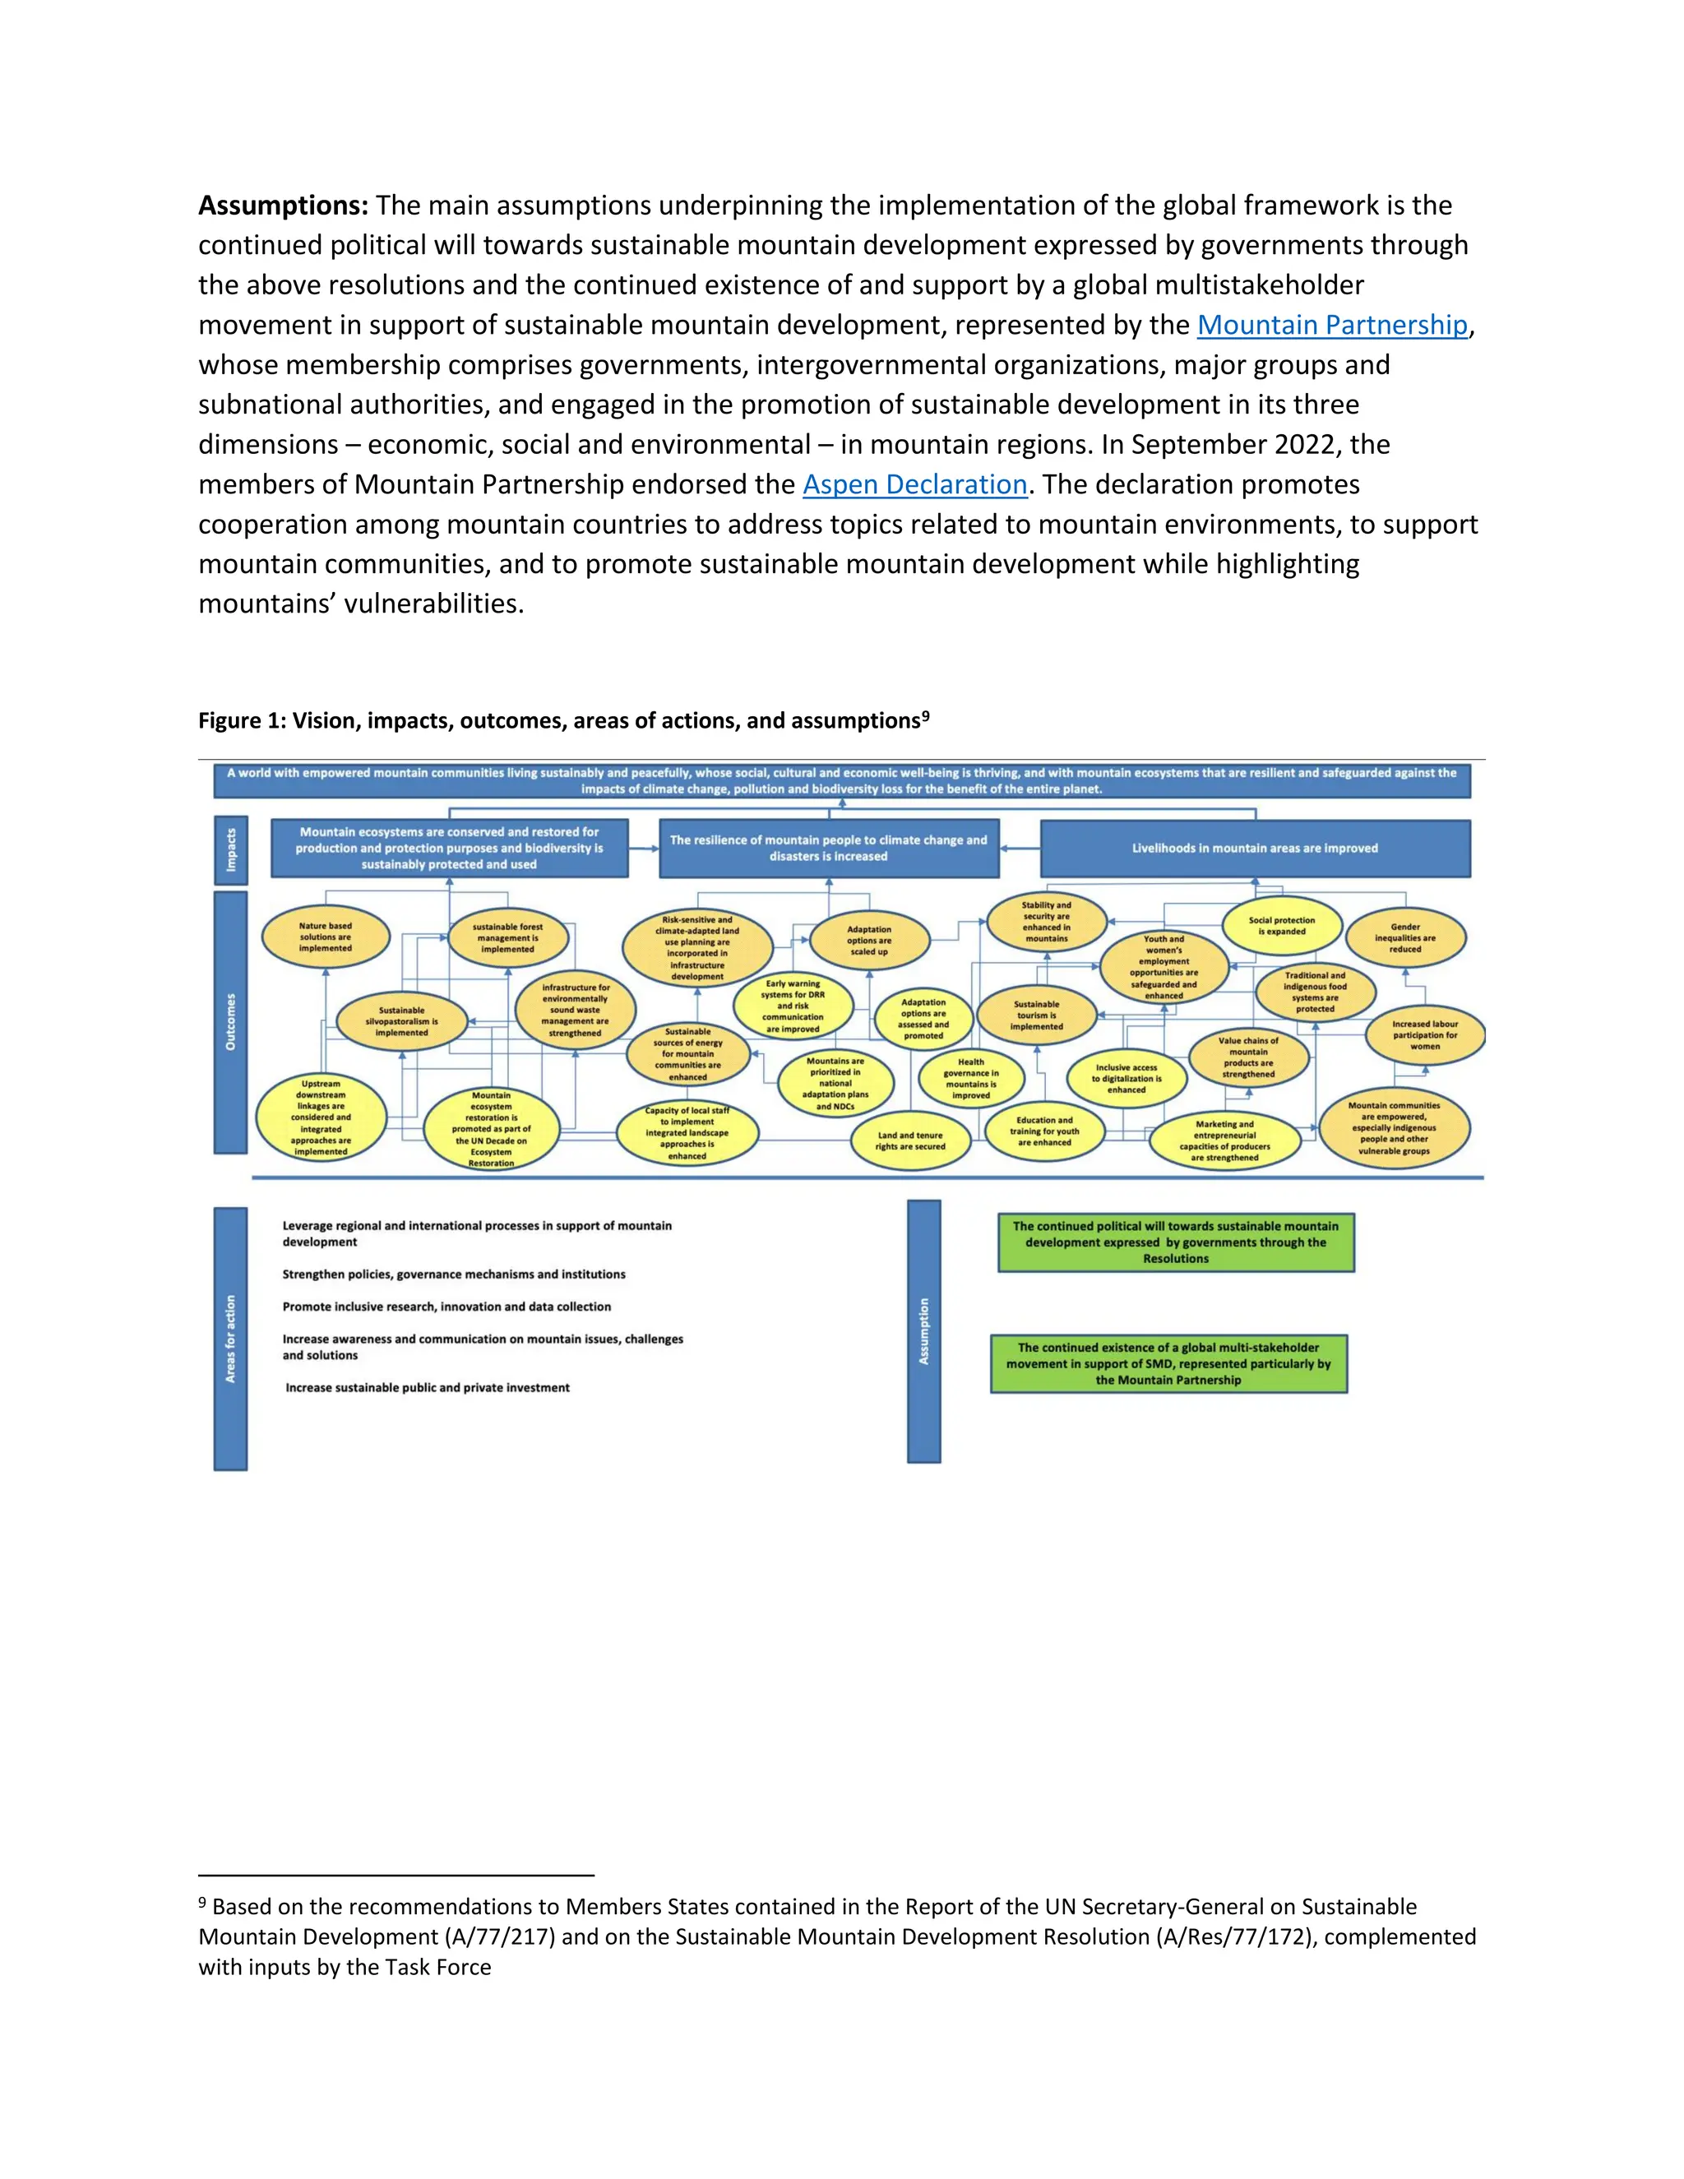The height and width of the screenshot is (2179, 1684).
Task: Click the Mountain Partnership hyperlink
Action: [x=1331, y=326]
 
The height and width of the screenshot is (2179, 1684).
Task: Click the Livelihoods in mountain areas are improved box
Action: [x=1254, y=848]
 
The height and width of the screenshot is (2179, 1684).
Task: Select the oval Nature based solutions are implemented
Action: [x=326, y=937]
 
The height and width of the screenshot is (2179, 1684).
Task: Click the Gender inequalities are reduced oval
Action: [x=1404, y=938]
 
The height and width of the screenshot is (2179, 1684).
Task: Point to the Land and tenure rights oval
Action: [x=910, y=1140]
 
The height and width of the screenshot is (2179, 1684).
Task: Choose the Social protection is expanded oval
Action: [x=1281, y=926]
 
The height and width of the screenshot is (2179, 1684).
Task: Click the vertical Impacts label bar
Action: [x=230, y=850]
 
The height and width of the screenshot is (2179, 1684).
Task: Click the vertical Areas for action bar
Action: [x=230, y=1338]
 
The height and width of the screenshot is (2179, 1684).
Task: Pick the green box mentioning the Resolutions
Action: [x=1175, y=1242]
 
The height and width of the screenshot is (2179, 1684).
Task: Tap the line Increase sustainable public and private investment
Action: [x=427, y=1388]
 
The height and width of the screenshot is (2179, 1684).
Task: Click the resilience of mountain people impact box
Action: [x=828, y=848]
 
